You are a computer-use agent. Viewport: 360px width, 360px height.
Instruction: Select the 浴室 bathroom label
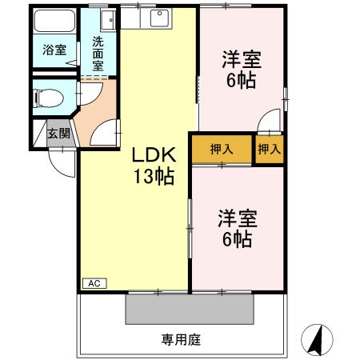point(54,50)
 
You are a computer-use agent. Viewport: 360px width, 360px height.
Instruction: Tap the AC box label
point(93,283)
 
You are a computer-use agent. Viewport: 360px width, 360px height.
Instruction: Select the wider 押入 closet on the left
point(222,149)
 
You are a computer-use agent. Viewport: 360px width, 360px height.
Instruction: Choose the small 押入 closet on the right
point(270,149)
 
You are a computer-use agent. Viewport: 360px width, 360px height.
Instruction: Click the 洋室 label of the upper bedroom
point(241,60)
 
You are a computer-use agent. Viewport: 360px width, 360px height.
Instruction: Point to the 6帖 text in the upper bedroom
point(241,81)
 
